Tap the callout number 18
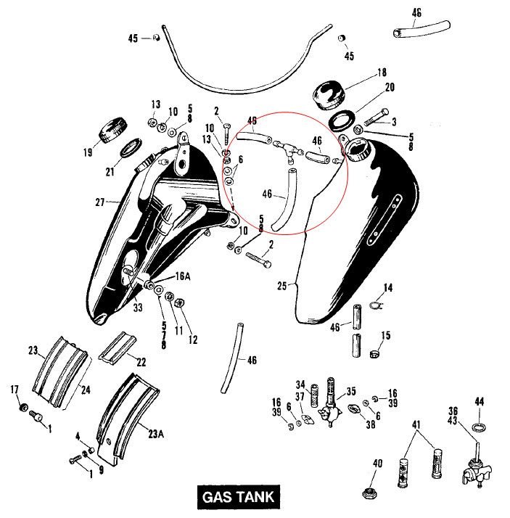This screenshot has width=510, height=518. point(382,73)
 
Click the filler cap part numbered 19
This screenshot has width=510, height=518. point(112,131)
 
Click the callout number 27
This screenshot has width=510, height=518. point(100,201)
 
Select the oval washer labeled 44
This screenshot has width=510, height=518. point(479,424)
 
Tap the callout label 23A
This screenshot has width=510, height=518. point(156,435)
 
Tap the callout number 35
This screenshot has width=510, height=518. point(350,390)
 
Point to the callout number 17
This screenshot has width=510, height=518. point(15,390)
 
